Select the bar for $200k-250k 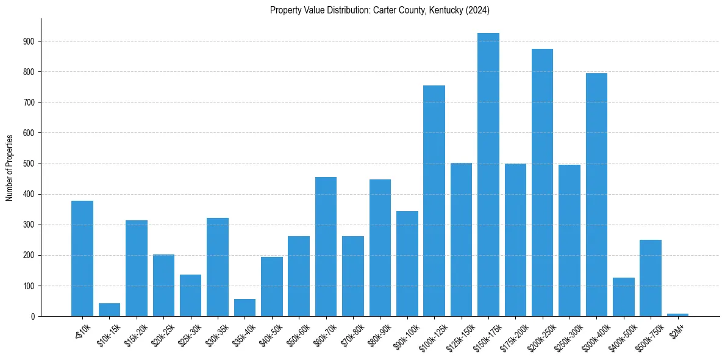542,182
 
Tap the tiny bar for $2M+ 677,315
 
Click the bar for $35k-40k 245,308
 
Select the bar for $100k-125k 434,201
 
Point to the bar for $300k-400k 596,195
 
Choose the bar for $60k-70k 326,247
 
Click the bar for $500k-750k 651,278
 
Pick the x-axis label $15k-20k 135,334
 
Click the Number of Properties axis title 9,167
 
